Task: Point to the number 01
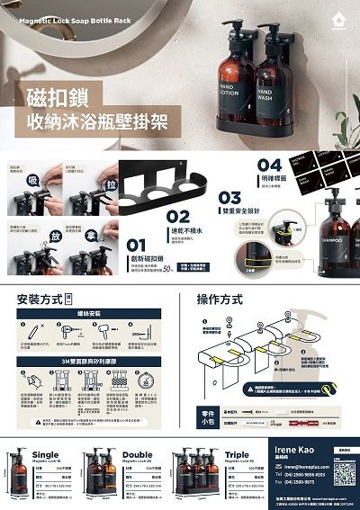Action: coord(136,244)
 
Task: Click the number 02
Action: coord(178,216)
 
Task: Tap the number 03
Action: coord(229,197)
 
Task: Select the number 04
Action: coord(270,165)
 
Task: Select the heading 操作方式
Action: coord(220,299)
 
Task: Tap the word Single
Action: coord(45,455)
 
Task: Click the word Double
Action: coord(138,455)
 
